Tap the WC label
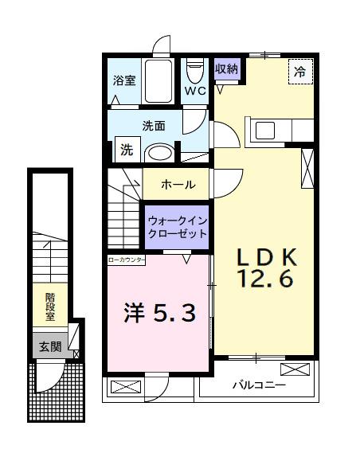coord(195,91)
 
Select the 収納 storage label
coord(227,68)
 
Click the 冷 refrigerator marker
coord(299,72)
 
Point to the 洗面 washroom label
coord(154,125)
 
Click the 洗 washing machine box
coord(127,148)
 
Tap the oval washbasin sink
coord(162,151)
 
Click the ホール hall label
coord(178,184)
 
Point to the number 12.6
coord(267,279)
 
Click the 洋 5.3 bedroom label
coord(158,314)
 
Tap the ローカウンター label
coord(127,260)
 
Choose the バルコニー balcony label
coord(259,387)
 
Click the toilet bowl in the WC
coord(194,72)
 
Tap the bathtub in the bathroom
coord(163,80)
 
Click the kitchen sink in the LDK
coord(264,130)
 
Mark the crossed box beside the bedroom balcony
coord(125,388)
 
